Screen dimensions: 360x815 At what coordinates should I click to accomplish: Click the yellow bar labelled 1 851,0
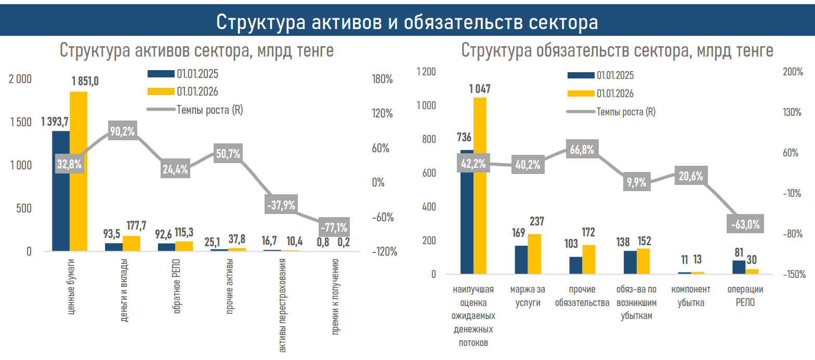pyautogui.click(x=78, y=171)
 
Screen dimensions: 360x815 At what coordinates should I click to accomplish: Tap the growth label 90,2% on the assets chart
pyautogui.click(x=122, y=131)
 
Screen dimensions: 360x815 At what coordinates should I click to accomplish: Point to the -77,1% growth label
pyautogui.click(x=333, y=227)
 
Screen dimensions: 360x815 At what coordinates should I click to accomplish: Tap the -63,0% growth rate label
pyautogui.click(x=745, y=224)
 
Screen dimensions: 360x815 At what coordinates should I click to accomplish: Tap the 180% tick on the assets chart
pyautogui.click(x=383, y=79)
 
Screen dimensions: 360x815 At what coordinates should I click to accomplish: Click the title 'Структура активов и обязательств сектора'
pyautogui.click(x=407, y=22)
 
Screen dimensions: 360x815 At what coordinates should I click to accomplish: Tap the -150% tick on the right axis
pyautogui.click(x=794, y=274)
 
